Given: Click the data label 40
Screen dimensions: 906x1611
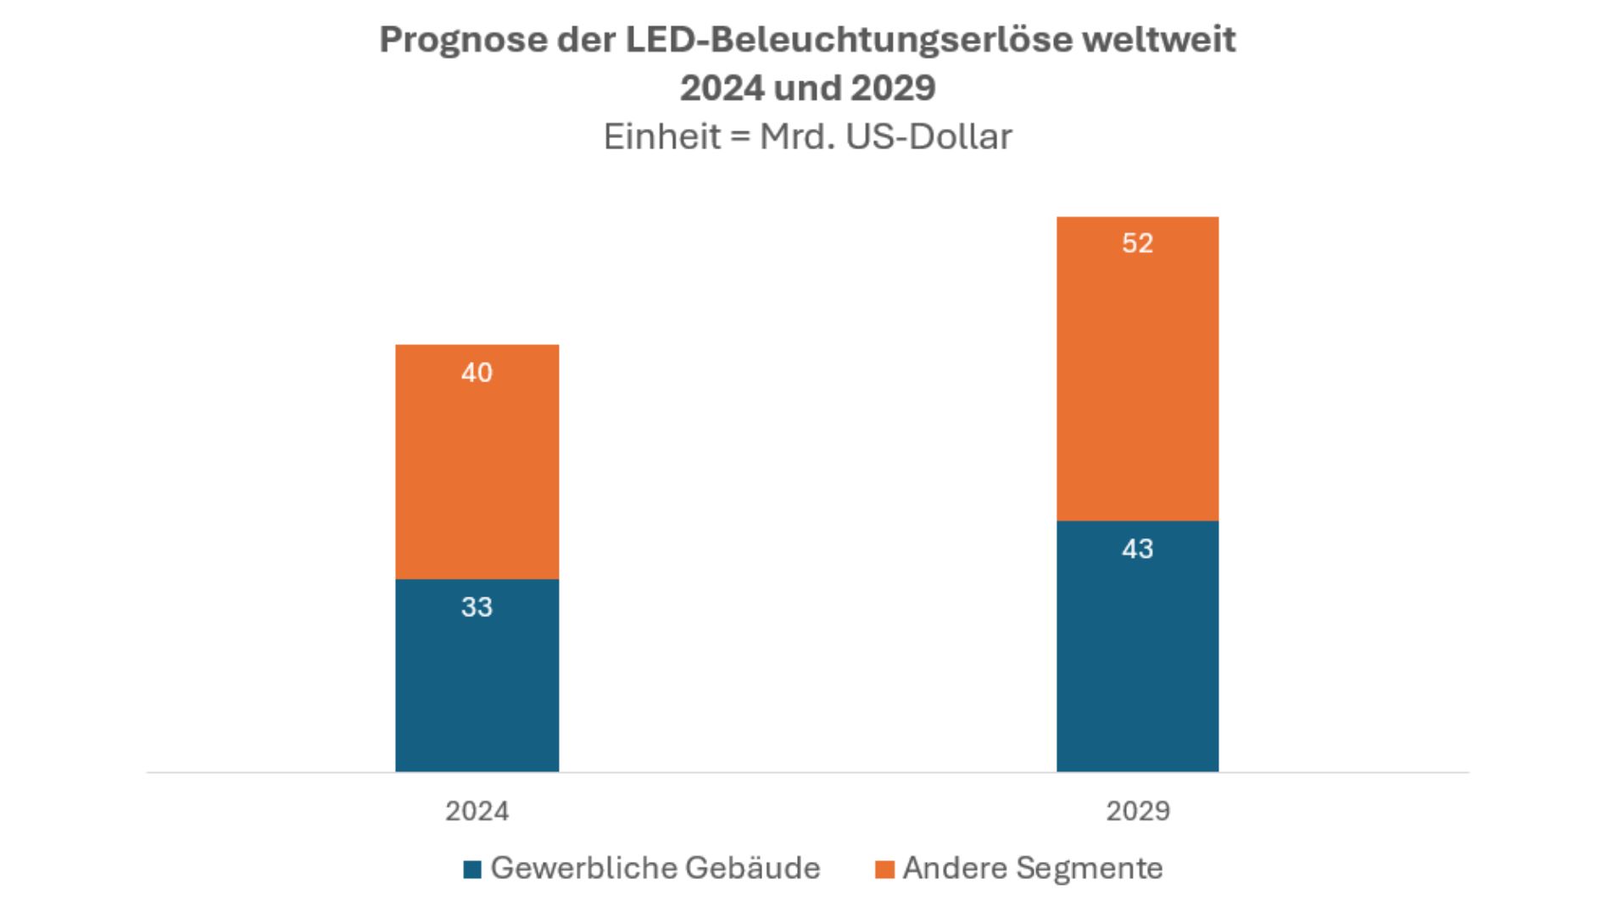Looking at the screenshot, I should [477, 373].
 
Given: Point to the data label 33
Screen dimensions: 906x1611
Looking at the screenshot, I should [477, 607].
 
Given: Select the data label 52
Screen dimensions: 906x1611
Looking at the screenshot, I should [1137, 244].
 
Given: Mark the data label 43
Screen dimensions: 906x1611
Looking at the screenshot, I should [1137, 549].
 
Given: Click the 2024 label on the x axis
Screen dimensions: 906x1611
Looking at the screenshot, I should [477, 811].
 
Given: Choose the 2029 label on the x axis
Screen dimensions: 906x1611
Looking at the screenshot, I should [1137, 811].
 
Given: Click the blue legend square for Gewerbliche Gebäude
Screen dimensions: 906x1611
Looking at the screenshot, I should [472, 870].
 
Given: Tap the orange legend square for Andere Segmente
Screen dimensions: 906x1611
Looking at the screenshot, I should [884, 870].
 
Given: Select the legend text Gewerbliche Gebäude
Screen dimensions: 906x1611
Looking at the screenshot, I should [655, 868].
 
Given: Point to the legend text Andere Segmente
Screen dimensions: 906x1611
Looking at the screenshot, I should [1032, 868].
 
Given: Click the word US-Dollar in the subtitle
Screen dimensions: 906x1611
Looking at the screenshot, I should [928, 136].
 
